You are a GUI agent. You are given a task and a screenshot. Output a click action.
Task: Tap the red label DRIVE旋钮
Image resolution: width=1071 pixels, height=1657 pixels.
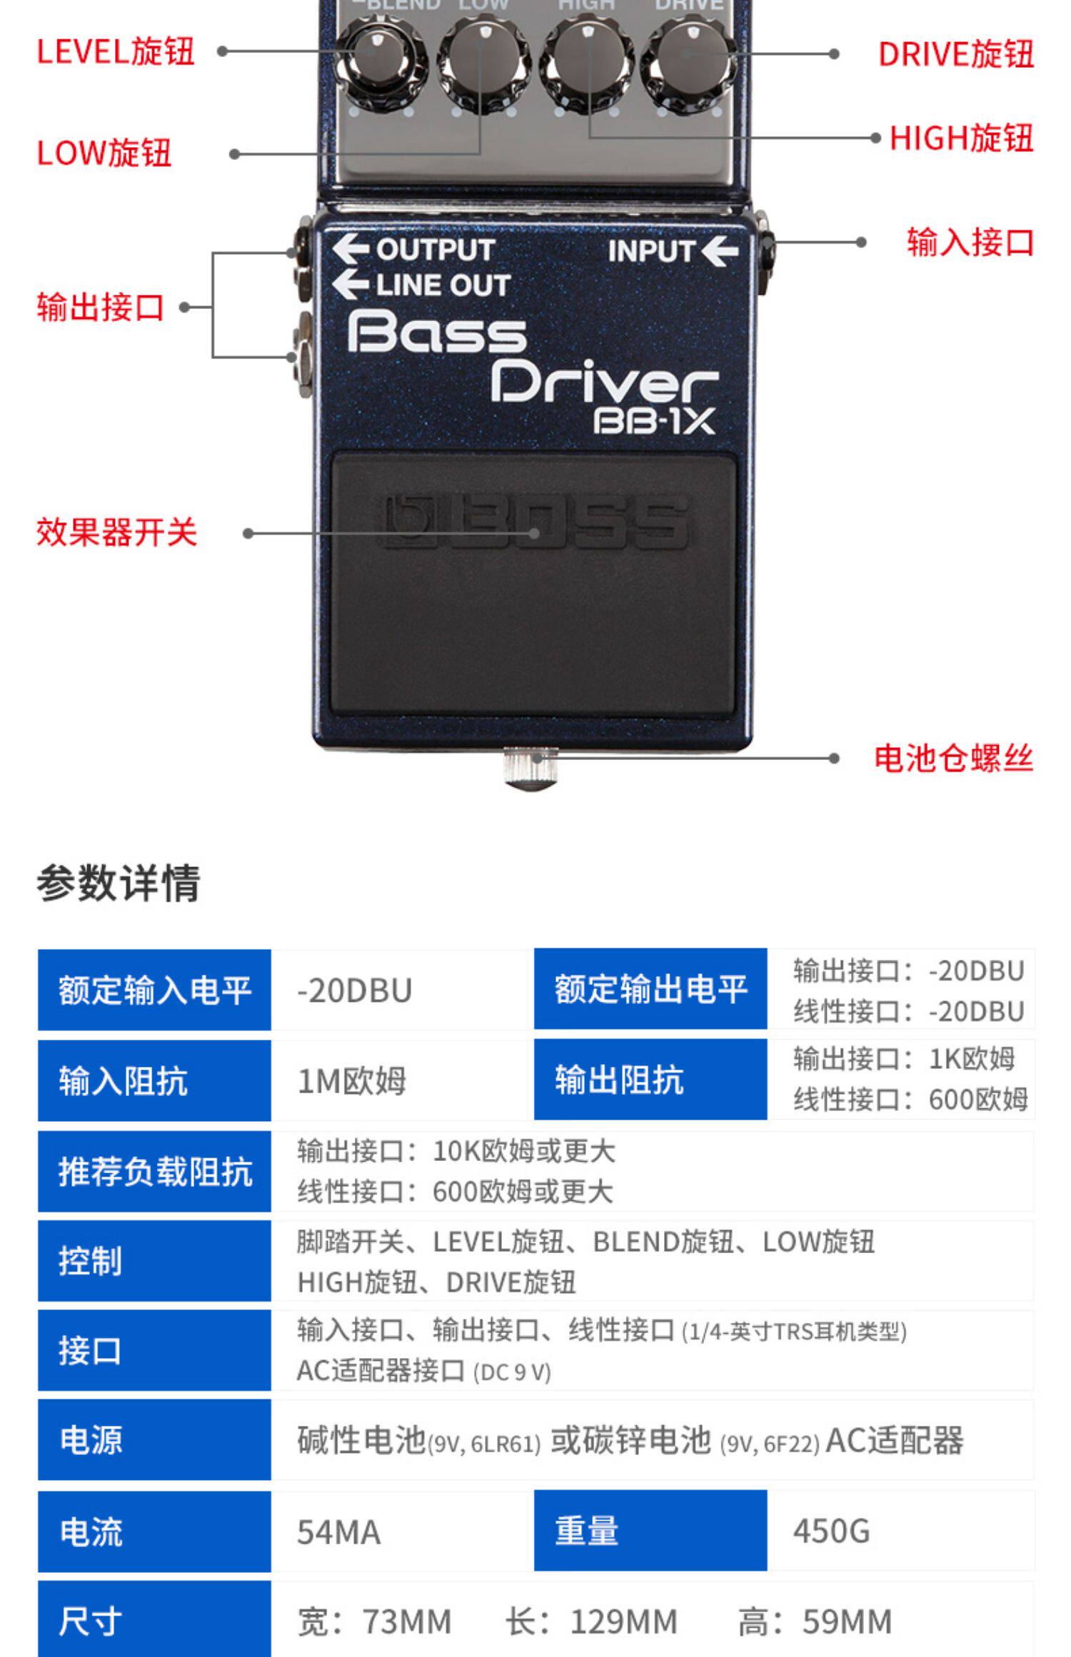tap(955, 54)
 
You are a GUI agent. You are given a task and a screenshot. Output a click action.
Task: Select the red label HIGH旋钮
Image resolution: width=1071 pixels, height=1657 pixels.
tap(961, 138)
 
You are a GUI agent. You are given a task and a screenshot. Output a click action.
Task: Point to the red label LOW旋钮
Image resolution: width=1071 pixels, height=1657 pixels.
tap(104, 153)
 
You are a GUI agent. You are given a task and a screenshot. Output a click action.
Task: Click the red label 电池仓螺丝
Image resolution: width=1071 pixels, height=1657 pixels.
tap(953, 758)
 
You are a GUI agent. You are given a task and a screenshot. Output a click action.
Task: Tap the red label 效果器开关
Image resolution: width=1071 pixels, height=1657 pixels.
tap(116, 533)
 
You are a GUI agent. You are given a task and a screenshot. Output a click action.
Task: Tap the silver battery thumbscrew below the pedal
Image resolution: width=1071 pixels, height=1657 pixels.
tap(531, 768)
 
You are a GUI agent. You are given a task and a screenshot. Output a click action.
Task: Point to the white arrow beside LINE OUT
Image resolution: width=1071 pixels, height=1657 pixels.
tap(351, 284)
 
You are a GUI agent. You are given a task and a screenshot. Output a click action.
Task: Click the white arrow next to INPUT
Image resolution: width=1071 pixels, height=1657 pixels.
tap(720, 250)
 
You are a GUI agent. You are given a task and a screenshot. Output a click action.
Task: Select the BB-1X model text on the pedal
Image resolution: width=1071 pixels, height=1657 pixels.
tap(654, 421)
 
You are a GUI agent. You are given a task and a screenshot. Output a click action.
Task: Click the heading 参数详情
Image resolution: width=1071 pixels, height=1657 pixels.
tap(119, 883)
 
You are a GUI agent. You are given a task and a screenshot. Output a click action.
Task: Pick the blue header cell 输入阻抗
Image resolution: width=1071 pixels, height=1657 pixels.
tap(154, 1080)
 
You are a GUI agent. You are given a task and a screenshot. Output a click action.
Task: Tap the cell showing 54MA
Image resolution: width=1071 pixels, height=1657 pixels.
tap(338, 1531)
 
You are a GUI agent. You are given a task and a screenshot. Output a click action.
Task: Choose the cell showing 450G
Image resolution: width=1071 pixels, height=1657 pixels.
tap(831, 1531)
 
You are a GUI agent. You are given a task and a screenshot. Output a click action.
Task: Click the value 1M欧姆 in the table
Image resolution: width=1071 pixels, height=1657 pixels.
tap(351, 1080)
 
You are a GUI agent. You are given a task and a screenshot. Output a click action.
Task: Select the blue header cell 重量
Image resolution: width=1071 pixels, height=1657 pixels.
tap(650, 1531)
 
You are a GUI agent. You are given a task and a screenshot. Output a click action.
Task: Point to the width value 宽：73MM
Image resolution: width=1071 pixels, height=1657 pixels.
tap(374, 1621)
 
